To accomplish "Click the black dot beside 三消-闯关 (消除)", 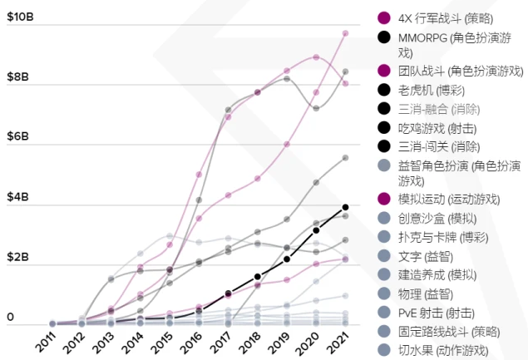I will point(384,145).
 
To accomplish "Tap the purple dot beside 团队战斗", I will point(384,71).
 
